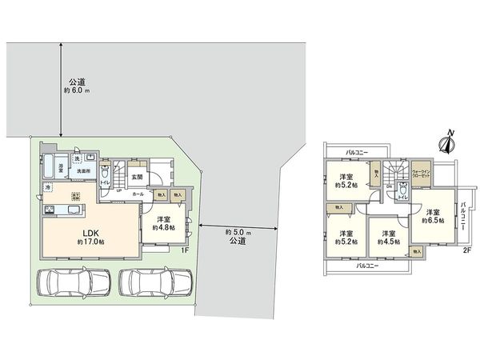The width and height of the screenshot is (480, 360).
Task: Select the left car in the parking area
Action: click(72, 282)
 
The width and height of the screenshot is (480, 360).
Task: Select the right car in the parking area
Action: click(155, 282)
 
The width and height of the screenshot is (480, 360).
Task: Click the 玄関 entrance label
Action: click(137, 177)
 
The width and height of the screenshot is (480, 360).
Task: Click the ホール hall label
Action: click(138, 194)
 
